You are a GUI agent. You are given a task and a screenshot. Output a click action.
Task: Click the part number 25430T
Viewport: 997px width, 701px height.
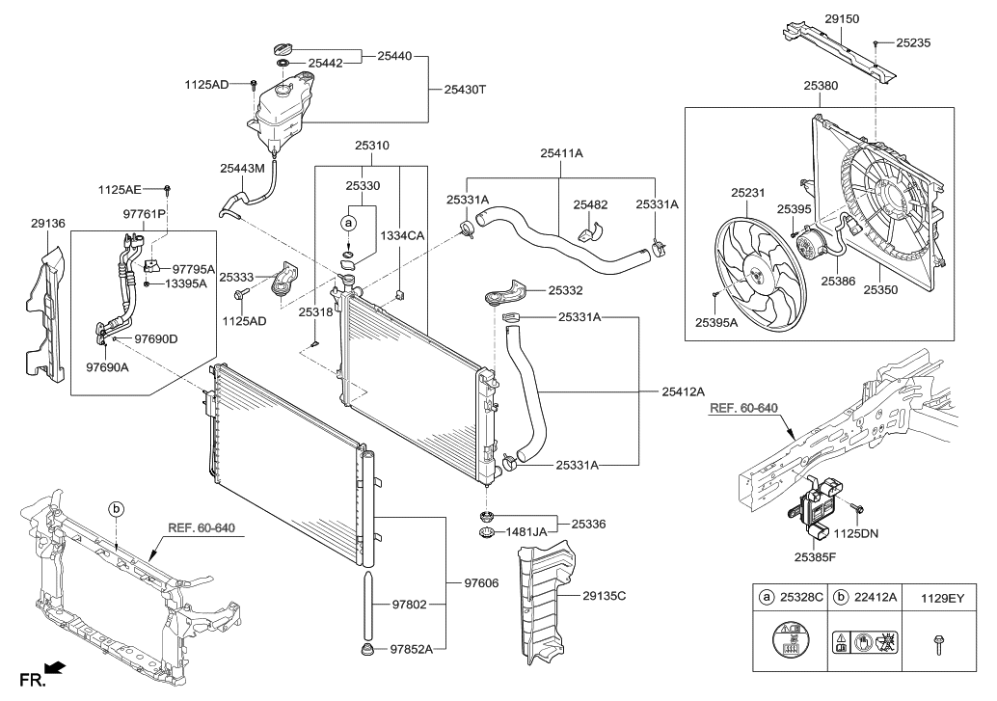pos(465,90)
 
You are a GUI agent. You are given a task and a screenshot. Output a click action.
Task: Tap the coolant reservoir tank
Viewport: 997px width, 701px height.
pos(283,111)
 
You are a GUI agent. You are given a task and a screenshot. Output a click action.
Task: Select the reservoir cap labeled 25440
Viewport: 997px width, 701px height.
pos(283,49)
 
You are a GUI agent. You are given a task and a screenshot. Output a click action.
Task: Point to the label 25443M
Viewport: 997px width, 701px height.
pos(242,169)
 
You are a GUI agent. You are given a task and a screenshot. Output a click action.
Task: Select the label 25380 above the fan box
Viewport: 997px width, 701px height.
pos(821,85)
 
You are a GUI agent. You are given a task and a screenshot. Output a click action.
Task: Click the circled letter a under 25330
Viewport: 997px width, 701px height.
pos(348,223)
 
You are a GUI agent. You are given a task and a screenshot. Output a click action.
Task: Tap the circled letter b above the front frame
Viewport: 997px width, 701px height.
pos(117,509)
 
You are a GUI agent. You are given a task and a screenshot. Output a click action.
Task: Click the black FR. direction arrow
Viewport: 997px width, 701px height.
pos(55,668)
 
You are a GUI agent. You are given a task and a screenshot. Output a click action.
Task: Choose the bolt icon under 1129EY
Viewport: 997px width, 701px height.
pos(938,644)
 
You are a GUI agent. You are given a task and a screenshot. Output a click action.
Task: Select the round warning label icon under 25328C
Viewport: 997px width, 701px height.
pos(789,638)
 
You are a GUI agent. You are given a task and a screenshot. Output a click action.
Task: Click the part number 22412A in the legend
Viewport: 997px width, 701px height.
pos(876,597)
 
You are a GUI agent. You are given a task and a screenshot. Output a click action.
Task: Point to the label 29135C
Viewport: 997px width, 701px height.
pos(604,596)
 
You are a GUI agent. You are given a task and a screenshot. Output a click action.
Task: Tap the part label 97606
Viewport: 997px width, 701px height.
pos(481,583)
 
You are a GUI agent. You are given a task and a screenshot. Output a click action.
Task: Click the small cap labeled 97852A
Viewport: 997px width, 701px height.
pos(365,650)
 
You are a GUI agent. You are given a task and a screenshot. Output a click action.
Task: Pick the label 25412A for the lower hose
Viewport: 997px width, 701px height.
pos(683,392)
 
